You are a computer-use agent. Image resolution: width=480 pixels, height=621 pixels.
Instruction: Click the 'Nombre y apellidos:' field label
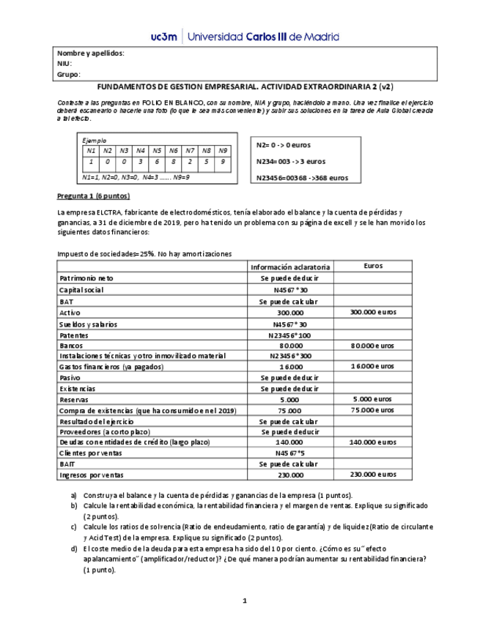[x=91, y=53]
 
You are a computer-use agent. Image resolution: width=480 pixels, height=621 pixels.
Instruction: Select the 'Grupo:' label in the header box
[x=69, y=74]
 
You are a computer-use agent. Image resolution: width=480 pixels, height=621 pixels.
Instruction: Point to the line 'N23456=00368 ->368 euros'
[x=303, y=177]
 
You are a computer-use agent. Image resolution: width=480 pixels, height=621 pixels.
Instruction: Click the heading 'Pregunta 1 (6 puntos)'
[x=93, y=196]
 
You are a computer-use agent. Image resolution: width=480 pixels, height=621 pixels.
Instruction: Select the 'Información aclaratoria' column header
[x=290, y=267]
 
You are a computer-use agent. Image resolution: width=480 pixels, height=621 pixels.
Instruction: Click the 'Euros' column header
[x=373, y=267]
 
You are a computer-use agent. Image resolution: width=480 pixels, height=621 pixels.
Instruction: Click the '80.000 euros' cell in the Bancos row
[x=373, y=345]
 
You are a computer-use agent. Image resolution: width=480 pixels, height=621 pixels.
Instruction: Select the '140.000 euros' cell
[x=373, y=442]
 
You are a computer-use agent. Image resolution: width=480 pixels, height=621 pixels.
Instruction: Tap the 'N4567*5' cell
[x=290, y=453]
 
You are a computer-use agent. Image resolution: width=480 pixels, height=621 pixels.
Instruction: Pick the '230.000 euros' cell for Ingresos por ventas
[x=373, y=475]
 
